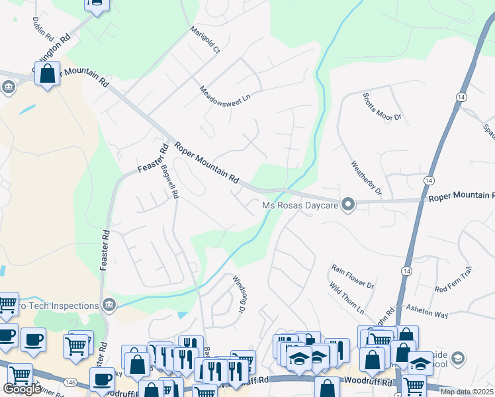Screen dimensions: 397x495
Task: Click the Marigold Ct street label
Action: click(x=206, y=40)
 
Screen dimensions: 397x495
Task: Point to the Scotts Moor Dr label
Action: click(x=382, y=107)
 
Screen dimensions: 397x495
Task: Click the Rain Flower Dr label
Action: click(x=353, y=276)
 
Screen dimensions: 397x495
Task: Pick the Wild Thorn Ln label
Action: click(x=347, y=298)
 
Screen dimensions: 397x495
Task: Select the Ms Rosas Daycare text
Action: click(x=300, y=206)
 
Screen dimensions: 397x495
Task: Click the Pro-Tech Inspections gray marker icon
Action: click(x=110, y=305)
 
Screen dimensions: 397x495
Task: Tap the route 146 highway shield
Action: click(x=69, y=382)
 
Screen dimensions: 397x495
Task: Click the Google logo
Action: click(x=22, y=389)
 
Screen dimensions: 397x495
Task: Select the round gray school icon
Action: click(x=458, y=359)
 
